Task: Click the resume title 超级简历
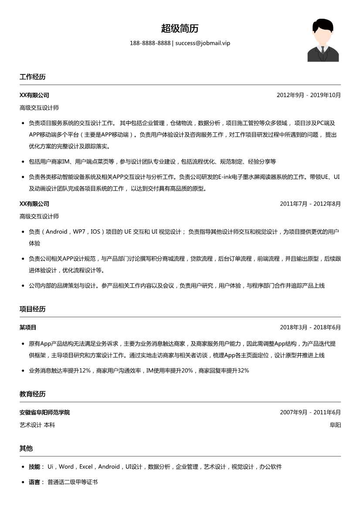coord(180,29)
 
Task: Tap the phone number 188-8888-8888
coord(150,43)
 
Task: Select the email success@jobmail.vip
coord(203,43)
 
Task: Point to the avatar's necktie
coord(323,54)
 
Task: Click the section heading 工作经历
coord(32,77)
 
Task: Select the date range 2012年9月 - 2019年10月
coord(309,95)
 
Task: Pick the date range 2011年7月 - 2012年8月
coord(310,204)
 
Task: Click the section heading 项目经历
coord(32,309)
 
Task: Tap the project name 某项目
coord(28,327)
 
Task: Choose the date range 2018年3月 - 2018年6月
coord(310,327)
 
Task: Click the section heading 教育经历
coord(32,394)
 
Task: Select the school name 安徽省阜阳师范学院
coord(44,412)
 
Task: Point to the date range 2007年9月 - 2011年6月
coord(310,412)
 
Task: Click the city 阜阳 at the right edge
coord(335,425)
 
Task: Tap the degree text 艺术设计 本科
coord(37,425)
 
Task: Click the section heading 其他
coord(26,448)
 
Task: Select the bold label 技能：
coord(36,467)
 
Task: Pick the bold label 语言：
coord(36,482)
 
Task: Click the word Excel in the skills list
coord(86,467)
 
